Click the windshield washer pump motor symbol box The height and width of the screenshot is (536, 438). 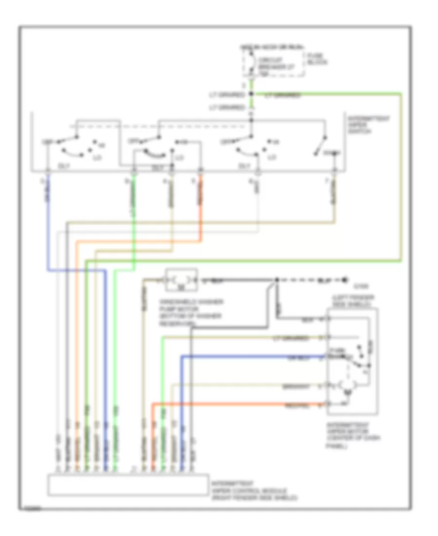point(182,280)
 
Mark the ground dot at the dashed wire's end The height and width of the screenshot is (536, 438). point(345,280)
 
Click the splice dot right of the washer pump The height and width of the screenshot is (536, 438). point(276,280)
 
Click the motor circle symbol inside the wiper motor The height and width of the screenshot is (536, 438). point(346,385)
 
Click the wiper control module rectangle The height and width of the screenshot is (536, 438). point(128,484)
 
